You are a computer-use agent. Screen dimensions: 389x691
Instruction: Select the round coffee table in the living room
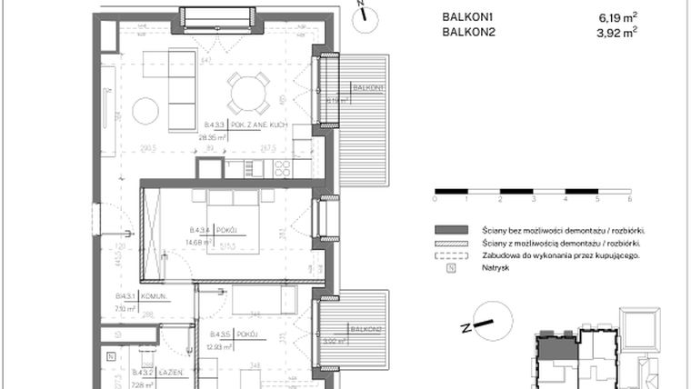click(x=145, y=112)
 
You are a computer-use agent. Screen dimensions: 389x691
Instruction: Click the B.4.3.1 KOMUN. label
click(x=125, y=296)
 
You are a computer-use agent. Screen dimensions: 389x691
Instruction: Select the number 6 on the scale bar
click(x=630, y=197)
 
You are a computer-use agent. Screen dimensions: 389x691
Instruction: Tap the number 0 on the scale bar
click(x=436, y=197)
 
